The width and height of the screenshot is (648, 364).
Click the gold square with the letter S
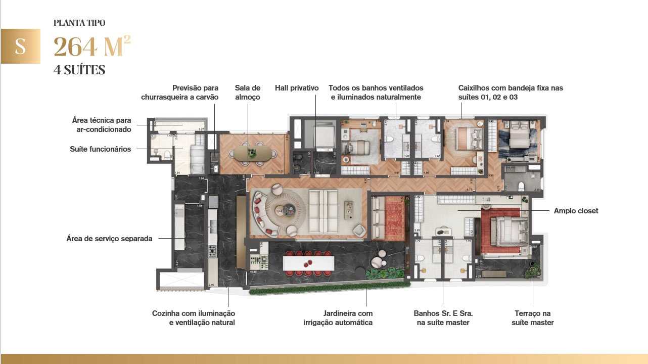[20, 46]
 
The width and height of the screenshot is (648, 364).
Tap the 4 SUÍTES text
[79, 70]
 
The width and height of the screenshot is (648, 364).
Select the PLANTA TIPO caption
[79, 23]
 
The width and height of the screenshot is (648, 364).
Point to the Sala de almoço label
[248, 93]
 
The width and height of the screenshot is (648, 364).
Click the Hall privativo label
[297, 88]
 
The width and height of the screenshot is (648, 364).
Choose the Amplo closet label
[576, 211]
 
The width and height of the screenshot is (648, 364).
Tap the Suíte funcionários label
[100, 149]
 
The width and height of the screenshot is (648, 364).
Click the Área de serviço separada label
[109, 239]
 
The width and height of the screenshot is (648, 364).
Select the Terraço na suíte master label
[533, 318]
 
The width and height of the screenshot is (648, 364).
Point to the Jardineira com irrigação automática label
[338, 318]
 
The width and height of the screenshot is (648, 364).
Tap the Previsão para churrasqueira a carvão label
[180, 93]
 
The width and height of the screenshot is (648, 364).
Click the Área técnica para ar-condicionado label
[102, 125]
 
